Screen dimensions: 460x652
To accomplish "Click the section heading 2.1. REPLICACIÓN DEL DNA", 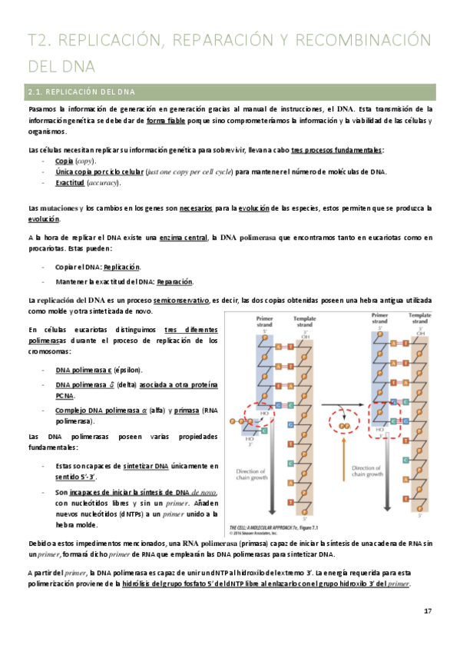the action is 81,92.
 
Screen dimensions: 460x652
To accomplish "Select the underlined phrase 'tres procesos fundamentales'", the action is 337,149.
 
